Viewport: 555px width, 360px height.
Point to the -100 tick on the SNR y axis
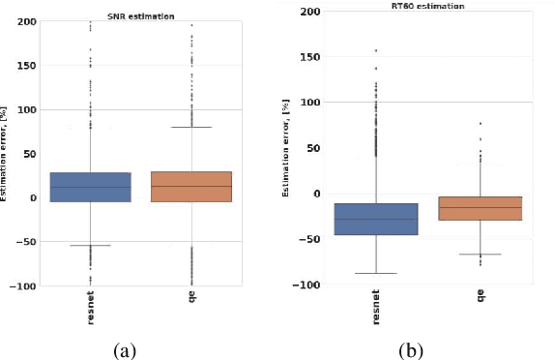pos(22,286)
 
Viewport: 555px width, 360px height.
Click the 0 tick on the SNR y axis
pos(33,198)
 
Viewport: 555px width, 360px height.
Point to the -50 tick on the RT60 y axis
pos(309,239)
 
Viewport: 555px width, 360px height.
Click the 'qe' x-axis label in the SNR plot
pos(190,304)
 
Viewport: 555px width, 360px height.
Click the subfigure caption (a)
pos(124,349)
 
